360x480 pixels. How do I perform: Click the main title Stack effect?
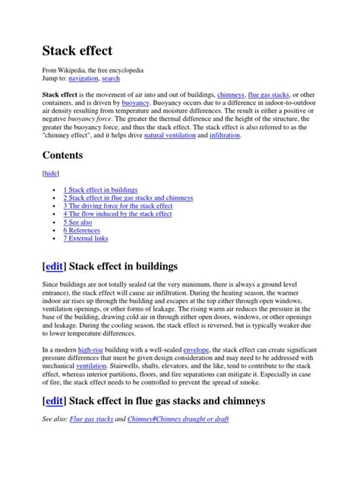[76, 52]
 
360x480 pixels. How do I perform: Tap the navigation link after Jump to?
[86, 78]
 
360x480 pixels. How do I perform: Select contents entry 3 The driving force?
[118, 205]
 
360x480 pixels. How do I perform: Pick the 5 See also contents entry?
[77, 222]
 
